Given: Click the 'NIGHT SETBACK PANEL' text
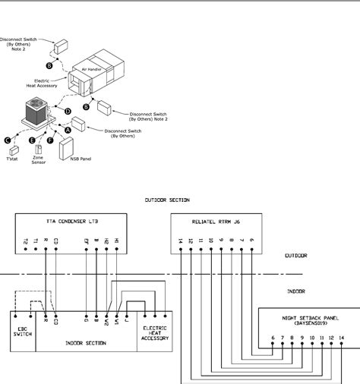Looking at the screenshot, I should point(308,314).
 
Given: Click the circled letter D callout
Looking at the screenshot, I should point(68,112).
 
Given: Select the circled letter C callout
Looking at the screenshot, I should point(8,140).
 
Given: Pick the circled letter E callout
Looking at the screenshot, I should point(31,140).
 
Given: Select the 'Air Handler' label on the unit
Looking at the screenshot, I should point(92,68).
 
